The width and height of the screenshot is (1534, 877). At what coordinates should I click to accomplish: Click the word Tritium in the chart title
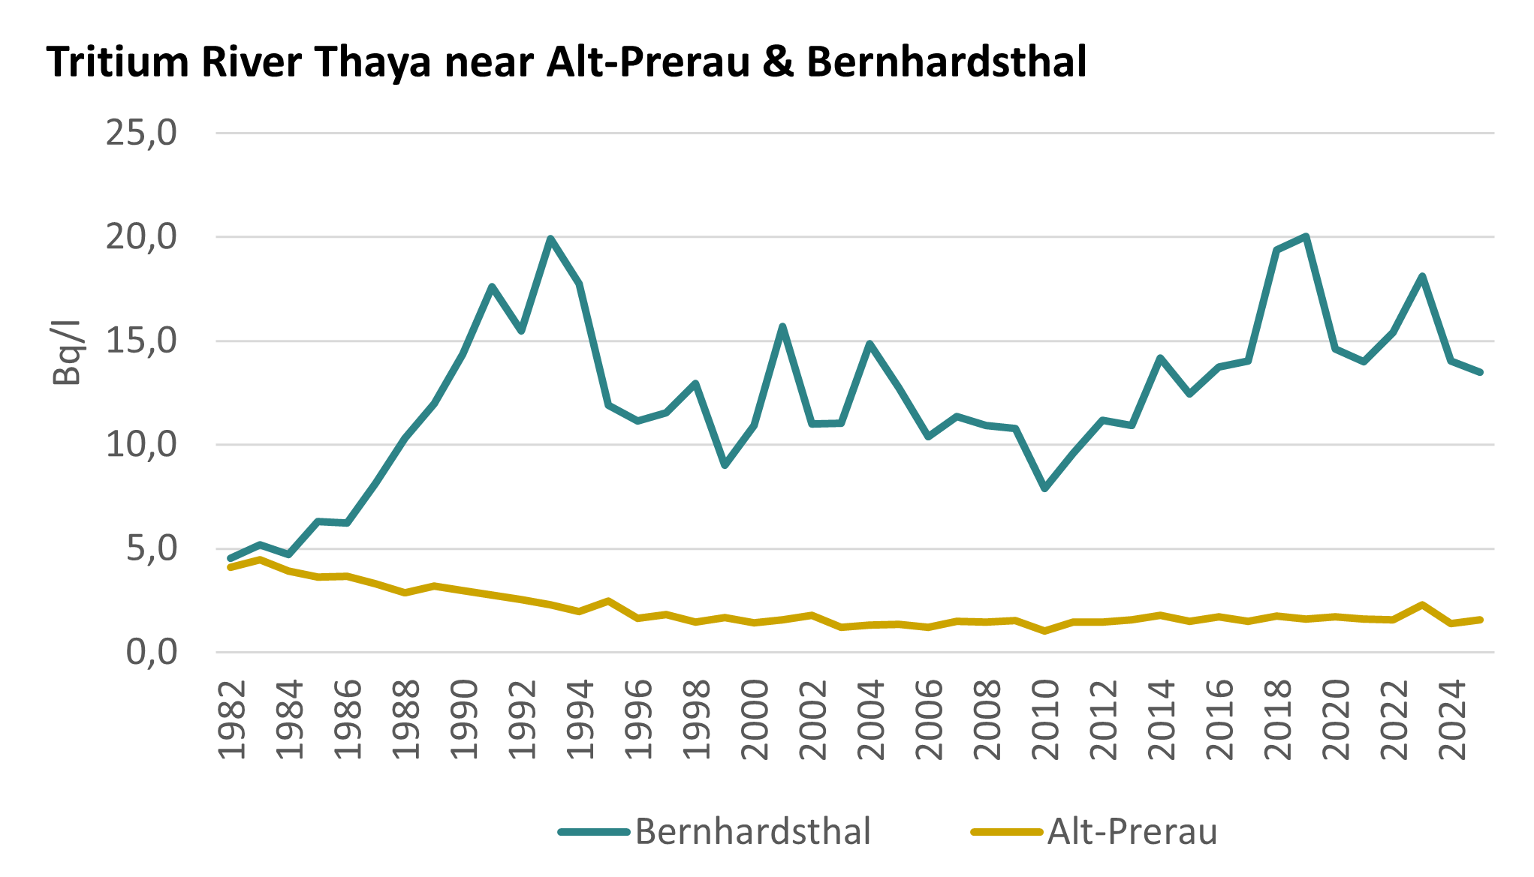click(117, 62)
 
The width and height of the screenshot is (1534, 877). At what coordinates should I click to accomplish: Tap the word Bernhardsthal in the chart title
click(946, 62)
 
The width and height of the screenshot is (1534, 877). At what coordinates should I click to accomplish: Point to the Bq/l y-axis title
click(66, 353)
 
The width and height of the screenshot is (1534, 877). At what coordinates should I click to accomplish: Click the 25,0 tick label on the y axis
click(141, 134)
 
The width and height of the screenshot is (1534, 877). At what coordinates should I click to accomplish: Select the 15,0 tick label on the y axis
click(141, 341)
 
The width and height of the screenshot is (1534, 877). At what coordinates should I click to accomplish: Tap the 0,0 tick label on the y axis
click(151, 653)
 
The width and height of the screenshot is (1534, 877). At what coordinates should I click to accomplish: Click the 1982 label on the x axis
click(232, 720)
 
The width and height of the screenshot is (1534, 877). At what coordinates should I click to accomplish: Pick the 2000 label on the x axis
click(755, 720)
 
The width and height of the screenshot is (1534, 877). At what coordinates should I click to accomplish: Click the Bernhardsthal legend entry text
click(753, 832)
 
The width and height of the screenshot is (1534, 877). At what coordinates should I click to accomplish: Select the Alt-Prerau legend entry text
click(1132, 832)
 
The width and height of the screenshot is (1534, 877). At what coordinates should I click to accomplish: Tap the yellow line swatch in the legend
click(1007, 832)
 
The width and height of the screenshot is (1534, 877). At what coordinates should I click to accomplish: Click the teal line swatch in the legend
click(594, 832)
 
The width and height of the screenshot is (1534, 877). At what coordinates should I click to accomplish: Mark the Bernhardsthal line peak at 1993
click(550, 239)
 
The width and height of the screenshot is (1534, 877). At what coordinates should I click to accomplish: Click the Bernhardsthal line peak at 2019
click(1306, 237)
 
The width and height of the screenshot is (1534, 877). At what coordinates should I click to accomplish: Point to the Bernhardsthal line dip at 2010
click(1044, 488)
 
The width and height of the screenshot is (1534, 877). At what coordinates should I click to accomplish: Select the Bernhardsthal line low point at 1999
click(725, 465)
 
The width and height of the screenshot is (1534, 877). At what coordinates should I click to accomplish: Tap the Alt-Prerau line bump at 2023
click(1422, 605)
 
